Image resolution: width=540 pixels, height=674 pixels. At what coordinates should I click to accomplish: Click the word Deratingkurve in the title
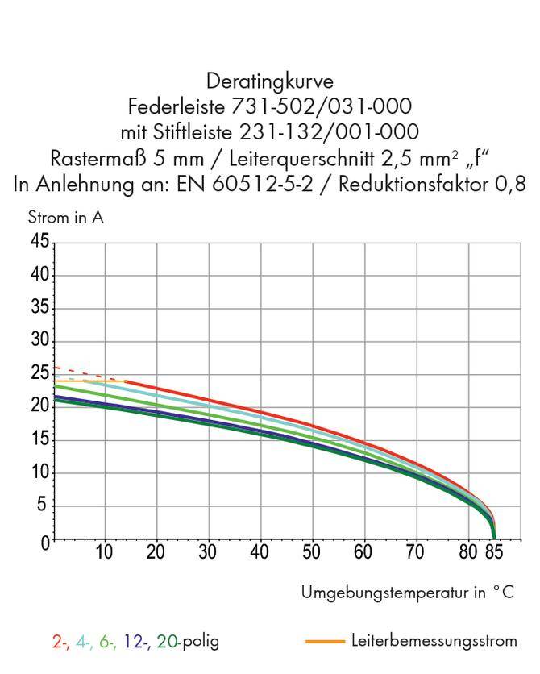(x=269, y=81)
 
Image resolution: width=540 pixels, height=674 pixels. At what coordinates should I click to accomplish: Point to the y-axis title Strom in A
(x=65, y=217)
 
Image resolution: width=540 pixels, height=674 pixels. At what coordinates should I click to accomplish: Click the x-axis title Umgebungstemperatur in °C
(x=407, y=593)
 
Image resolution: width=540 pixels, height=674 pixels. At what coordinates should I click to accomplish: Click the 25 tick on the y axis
(x=39, y=374)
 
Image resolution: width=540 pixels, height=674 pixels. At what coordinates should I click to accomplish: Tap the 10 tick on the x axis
(x=104, y=553)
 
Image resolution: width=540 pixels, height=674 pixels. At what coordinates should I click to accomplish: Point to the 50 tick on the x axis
(x=312, y=553)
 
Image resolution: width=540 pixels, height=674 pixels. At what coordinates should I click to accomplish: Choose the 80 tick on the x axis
(x=468, y=553)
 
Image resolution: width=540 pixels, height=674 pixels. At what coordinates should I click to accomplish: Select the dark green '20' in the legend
(x=167, y=642)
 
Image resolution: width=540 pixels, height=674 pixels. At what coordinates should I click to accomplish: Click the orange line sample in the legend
(x=326, y=642)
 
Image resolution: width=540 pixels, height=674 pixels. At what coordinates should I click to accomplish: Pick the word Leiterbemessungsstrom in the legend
(x=434, y=642)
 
